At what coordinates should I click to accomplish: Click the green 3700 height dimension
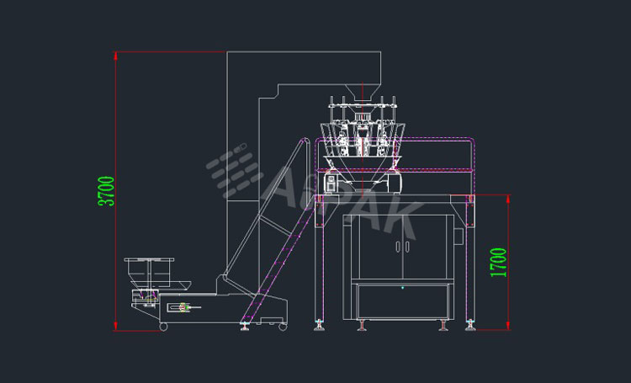tap(106, 193)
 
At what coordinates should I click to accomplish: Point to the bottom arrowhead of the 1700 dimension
tap(510, 327)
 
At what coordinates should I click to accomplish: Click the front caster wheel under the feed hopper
tap(163, 326)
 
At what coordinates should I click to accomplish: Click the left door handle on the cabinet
tap(396, 247)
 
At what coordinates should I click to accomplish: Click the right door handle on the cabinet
tap(406, 247)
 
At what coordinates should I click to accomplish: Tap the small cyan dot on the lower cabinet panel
tap(402, 288)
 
